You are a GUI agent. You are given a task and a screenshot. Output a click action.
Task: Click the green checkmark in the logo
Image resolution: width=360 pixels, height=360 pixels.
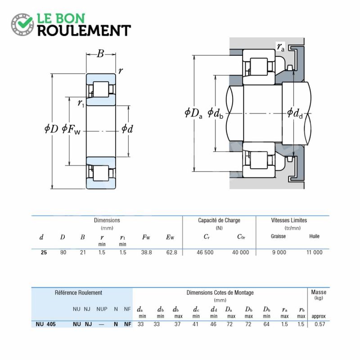(x=25, y=22)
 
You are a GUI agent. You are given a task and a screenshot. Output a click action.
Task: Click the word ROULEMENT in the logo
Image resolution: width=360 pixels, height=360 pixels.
(x=84, y=31)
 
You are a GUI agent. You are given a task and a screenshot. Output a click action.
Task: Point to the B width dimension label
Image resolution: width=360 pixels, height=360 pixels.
(x=100, y=54)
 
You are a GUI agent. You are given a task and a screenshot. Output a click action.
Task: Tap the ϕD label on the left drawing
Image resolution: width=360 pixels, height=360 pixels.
(x=51, y=129)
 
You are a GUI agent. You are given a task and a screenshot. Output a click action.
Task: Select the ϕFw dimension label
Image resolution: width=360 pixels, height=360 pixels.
(x=71, y=129)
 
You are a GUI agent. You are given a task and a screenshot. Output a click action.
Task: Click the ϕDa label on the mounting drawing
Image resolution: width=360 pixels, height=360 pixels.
(x=193, y=113)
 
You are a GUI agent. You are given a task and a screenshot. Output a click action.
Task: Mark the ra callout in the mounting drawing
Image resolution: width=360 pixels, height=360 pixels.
(x=280, y=47)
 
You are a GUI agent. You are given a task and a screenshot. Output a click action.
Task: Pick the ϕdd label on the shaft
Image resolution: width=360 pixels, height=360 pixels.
(x=295, y=113)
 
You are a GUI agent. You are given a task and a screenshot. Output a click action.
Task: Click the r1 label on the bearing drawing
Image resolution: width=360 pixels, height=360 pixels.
(x=81, y=103)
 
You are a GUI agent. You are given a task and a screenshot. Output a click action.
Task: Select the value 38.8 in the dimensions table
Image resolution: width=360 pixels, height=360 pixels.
(x=147, y=252)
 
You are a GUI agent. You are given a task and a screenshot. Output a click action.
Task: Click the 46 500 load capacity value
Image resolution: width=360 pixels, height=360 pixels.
(x=205, y=252)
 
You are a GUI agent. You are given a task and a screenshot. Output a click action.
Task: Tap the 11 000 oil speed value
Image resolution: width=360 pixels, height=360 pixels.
(x=315, y=252)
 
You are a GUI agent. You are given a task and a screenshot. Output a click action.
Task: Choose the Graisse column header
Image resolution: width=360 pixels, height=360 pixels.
(x=278, y=236)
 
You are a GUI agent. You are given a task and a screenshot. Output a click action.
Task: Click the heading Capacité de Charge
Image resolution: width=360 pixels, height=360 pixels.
(x=219, y=220)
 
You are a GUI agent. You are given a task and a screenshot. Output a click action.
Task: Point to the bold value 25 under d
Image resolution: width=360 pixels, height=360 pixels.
(x=44, y=252)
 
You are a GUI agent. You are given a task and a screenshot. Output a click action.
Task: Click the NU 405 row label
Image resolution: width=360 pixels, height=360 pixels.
(x=46, y=324)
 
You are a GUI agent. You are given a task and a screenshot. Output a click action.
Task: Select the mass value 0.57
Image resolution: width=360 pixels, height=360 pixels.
(x=320, y=324)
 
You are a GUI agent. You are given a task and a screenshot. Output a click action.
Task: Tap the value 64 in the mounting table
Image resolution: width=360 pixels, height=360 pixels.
(x=266, y=324)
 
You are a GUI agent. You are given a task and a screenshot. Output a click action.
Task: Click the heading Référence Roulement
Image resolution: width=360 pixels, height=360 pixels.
(x=78, y=293)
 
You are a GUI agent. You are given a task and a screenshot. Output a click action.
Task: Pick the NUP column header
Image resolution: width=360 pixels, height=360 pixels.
(x=102, y=309)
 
